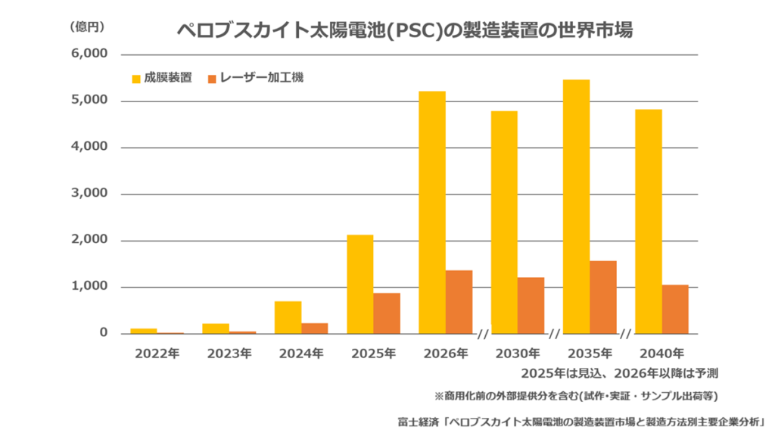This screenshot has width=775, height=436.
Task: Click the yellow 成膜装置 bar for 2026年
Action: (432, 213)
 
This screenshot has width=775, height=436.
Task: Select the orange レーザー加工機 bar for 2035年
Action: (603, 297)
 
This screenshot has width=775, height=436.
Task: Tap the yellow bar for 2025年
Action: (359, 285)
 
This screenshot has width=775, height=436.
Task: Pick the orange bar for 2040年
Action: (675, 309)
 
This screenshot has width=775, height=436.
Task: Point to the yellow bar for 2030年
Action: (504, 223)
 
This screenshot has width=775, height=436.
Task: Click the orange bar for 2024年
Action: (315, 329)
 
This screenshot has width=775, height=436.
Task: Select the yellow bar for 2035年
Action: (577, 207)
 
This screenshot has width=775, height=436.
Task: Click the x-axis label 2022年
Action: (157, 353)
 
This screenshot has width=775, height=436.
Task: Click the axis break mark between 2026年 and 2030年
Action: (482, 334)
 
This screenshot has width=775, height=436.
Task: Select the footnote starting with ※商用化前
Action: (576, 396)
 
